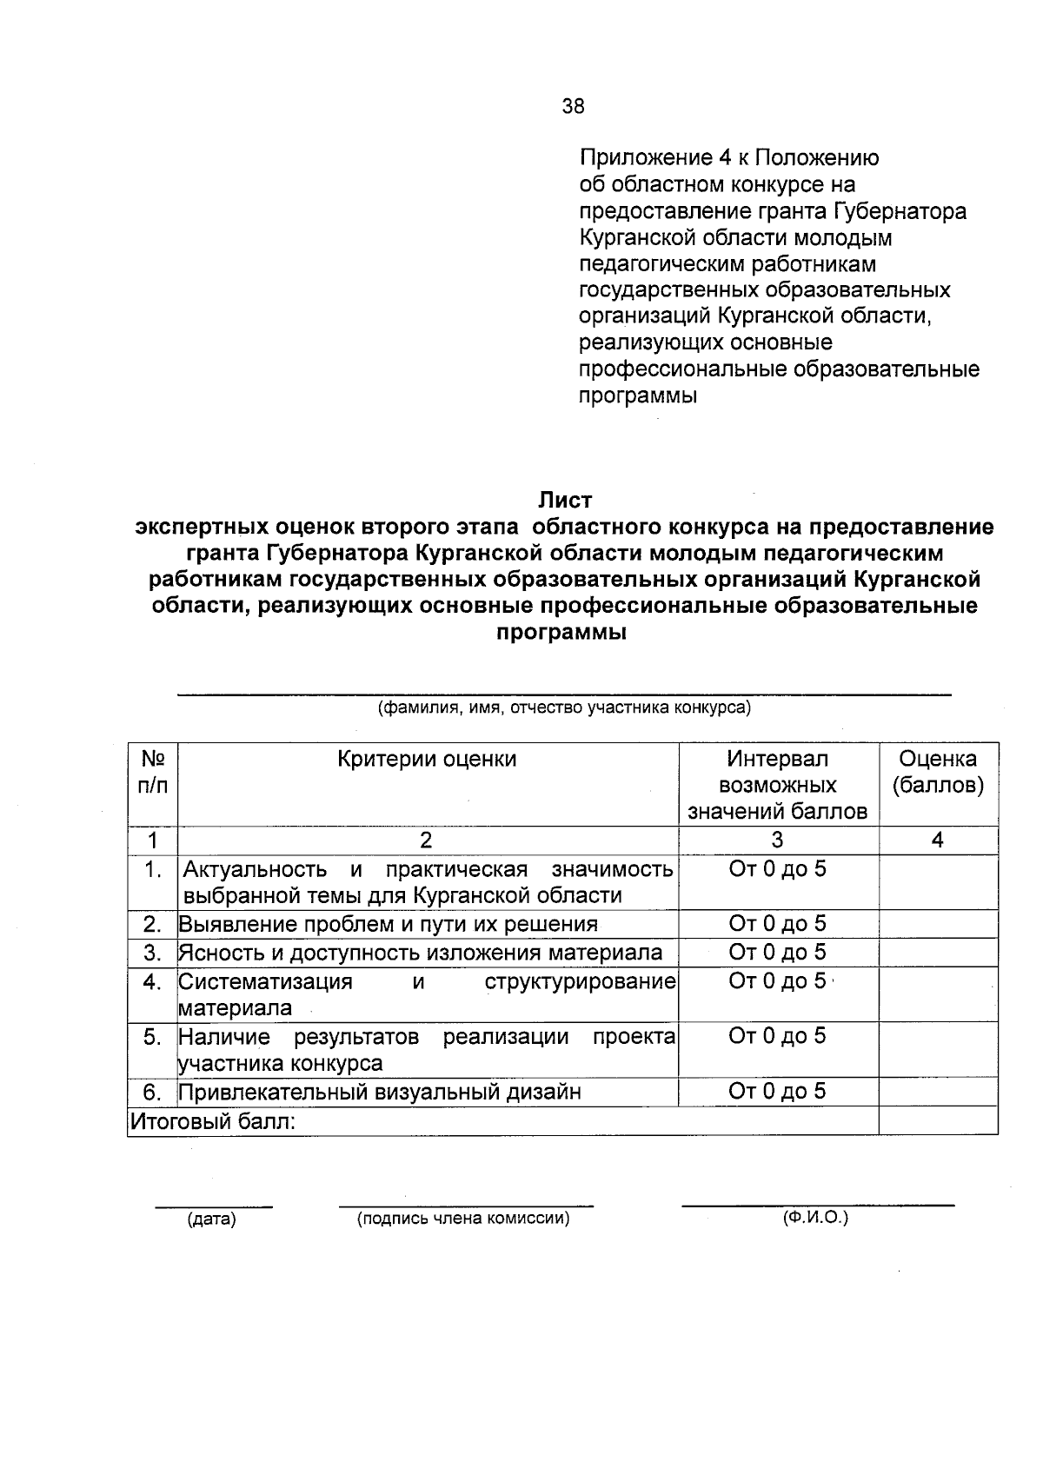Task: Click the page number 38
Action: (x=573, y=107)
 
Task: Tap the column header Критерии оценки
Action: (x=427, y=759)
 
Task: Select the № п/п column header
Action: (x=152, y=772)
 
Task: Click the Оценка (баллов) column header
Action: (x=937, y=772)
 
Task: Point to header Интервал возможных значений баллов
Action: (x=777, y=785)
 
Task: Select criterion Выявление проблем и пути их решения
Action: (x=389, y=924)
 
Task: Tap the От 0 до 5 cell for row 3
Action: (x=777, y=953)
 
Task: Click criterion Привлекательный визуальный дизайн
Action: (x=380, y=1092)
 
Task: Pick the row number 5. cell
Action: (x=153, y=1036)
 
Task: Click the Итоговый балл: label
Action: (x=213, y=1121)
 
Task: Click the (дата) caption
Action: (x=212, y=1219)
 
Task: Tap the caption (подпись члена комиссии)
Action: (x=463, y=1219)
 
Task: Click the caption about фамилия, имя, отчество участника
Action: (x=564, y=708)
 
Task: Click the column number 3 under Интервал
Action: (x=777, y=840)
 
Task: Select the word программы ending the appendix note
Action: (x=638, y=396)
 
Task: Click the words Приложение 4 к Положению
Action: (x=728, y=158)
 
